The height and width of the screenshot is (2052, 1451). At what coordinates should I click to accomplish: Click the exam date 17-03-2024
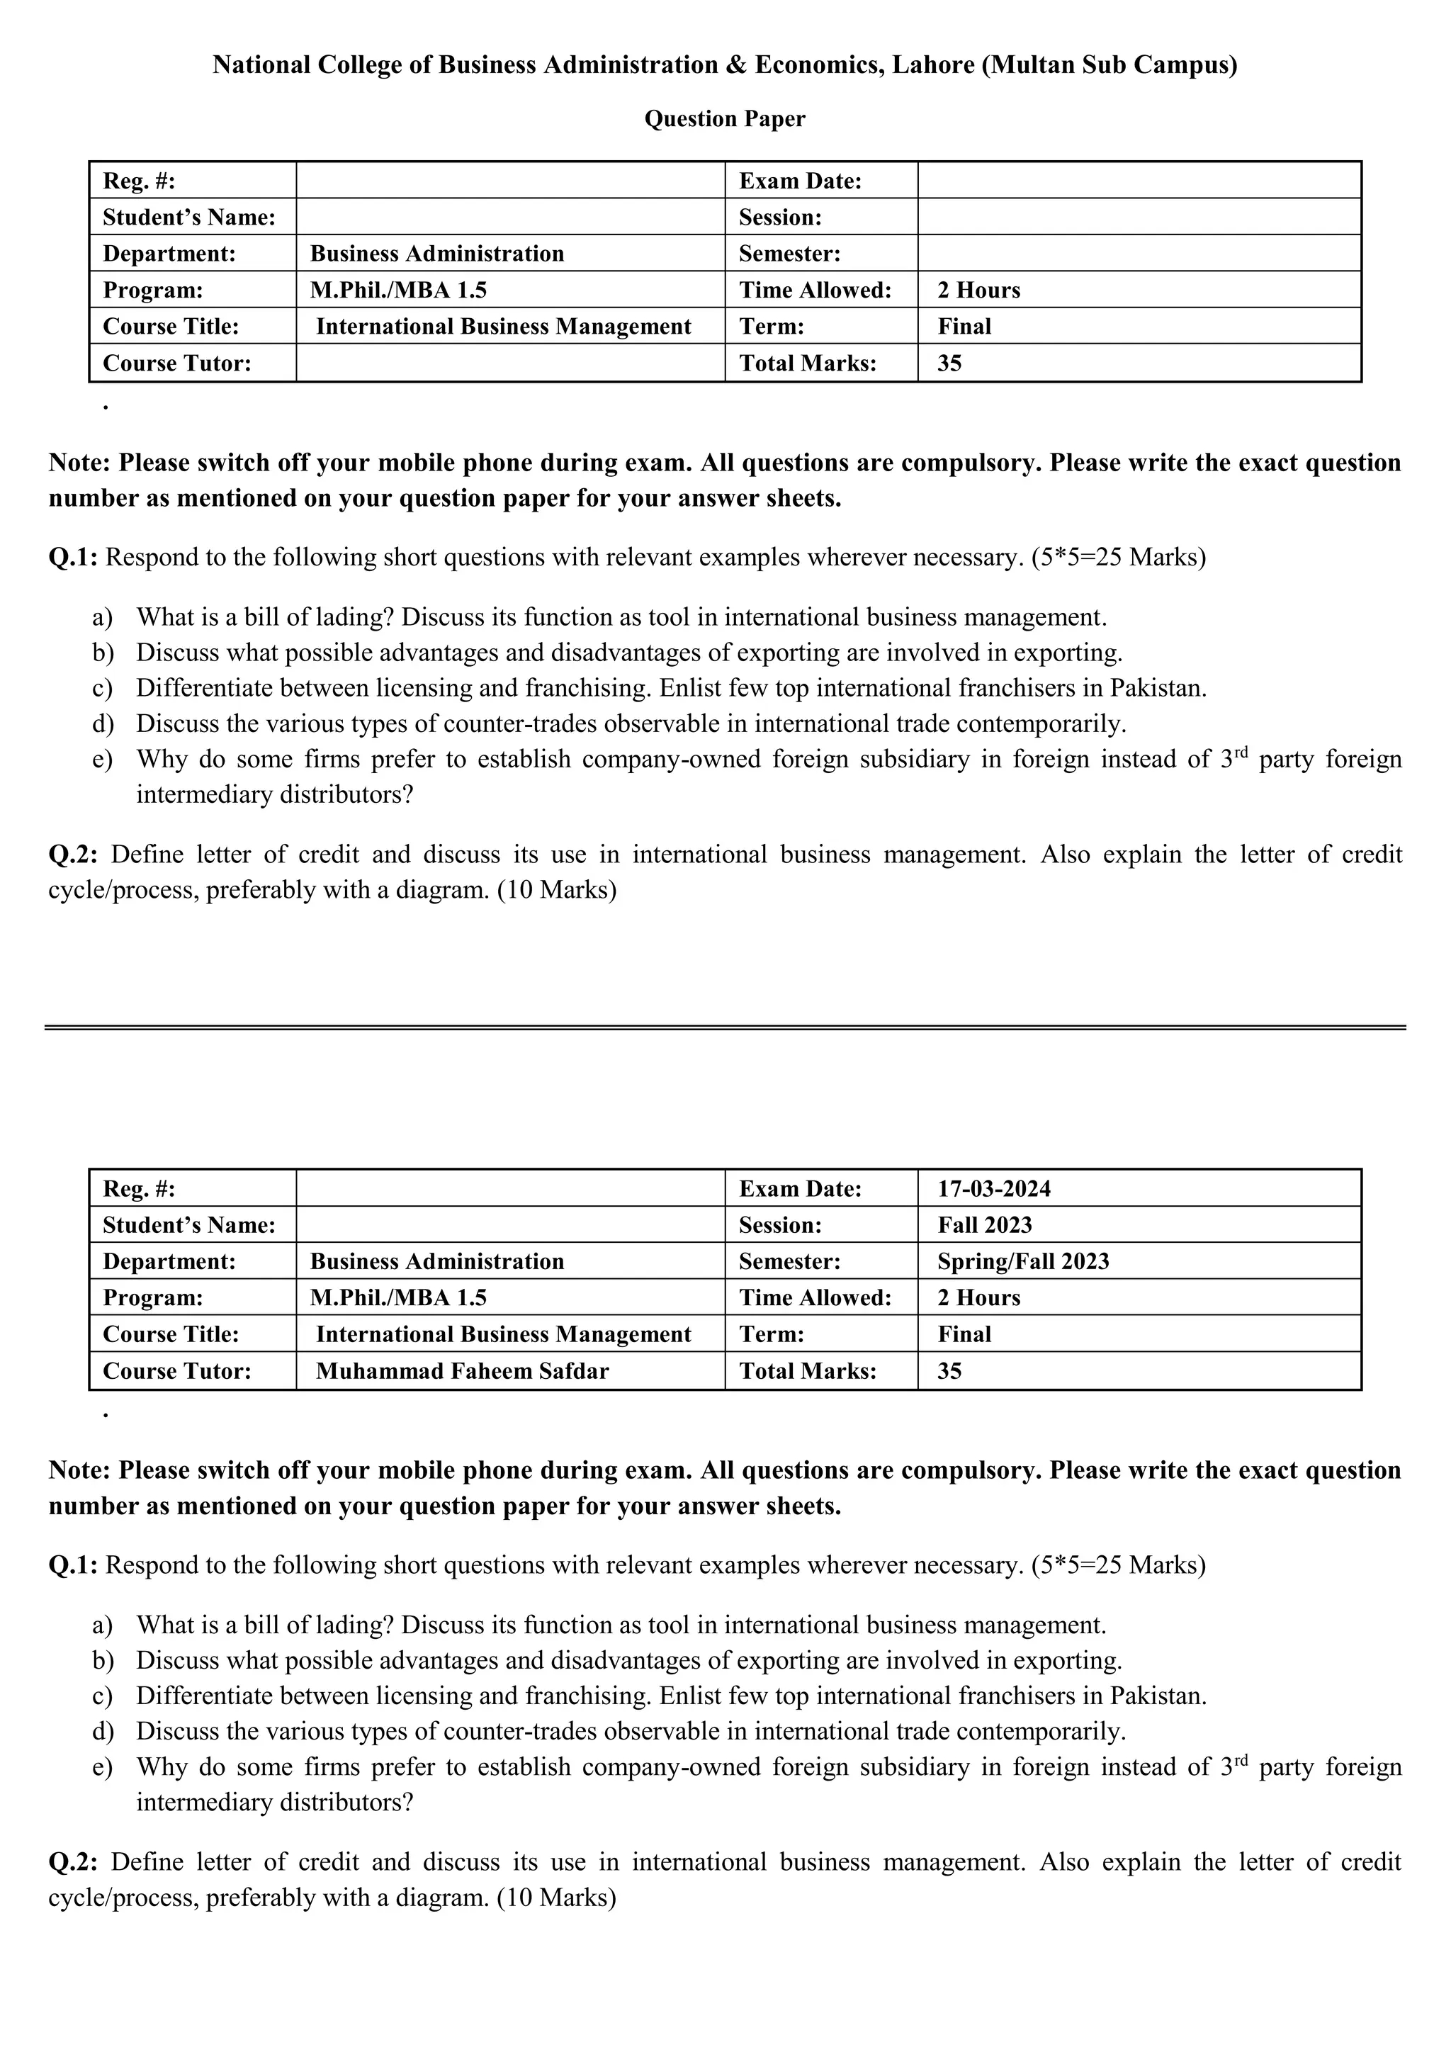point(993,1189)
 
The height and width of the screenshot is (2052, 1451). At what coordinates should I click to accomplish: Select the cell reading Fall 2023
point(985,1225)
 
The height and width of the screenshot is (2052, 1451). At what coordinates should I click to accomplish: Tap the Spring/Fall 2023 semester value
point(1023,1261)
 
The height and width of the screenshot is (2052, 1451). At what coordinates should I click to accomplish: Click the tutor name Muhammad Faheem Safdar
point(462,1371)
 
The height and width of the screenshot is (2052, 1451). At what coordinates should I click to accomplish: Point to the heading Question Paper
point(725,119)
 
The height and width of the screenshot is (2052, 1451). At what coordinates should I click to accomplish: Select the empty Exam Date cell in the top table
point(1139,181)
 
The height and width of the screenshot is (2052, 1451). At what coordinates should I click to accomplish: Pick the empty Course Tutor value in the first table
point(509,363)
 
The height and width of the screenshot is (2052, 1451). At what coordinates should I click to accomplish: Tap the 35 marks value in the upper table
point(949,363)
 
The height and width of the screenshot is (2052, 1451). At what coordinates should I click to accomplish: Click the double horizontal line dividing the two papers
point(725,1028)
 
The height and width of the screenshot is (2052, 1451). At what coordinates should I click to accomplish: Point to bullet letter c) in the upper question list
point(103,688)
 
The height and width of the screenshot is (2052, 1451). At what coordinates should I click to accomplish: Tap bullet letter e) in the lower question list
point(103,1767)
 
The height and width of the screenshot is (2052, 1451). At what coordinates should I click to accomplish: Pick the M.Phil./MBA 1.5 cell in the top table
point(398,291)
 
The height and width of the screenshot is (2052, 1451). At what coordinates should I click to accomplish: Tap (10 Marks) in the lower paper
point(557,1898)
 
